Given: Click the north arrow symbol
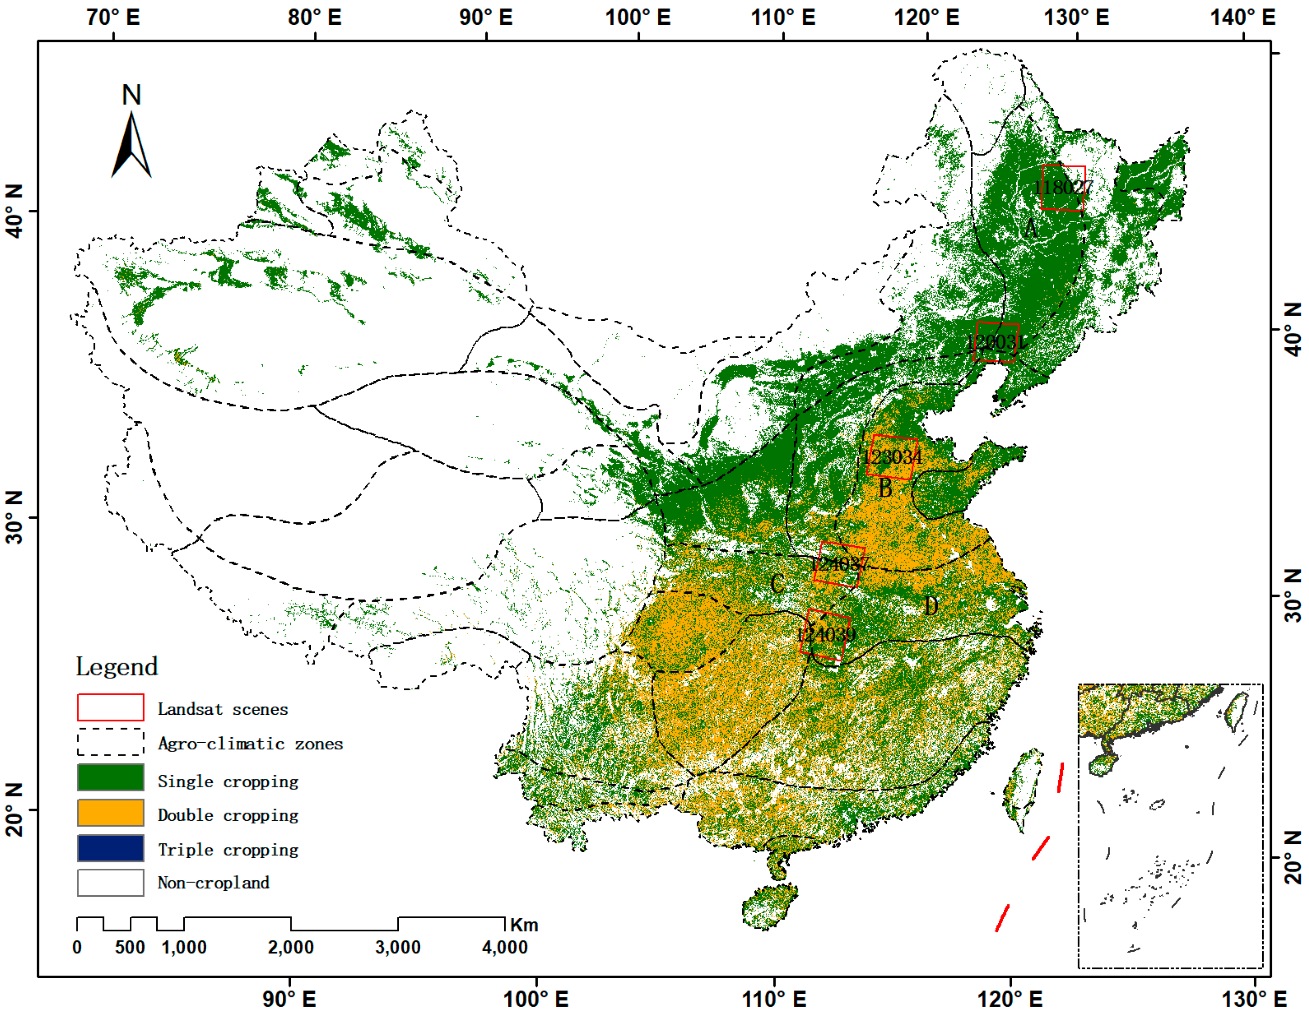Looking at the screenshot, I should pos(131,144).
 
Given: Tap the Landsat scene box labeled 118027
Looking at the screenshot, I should pos(1063,187).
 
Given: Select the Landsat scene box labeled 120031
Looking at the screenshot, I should pos(995,342).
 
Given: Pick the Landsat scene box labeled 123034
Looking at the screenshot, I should pos(892,457).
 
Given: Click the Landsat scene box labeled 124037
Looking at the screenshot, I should pos(838,564).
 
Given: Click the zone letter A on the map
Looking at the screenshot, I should pos(1030,228).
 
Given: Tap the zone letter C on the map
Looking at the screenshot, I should pos(777,583).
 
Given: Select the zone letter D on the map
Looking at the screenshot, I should pos(931,606).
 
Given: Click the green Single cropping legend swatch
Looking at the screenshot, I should pos(110,777).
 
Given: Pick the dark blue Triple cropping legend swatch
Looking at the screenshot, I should pos(110,847).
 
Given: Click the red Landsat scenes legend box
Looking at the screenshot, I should pos(110,707).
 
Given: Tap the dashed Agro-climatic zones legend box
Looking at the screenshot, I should pos(110,742).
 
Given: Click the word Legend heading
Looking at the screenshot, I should pos(117,666).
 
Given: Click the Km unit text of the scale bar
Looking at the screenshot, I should pos(524,925).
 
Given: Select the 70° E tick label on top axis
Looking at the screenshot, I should pos(113,17).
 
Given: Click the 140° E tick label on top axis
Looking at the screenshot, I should pos(1242,17).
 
